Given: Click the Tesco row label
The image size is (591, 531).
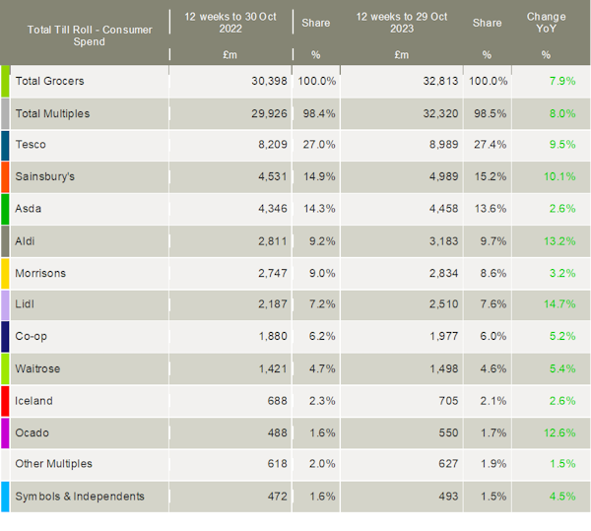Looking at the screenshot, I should tap(31, 146).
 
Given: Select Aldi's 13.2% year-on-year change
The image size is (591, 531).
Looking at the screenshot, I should tap(559, 241).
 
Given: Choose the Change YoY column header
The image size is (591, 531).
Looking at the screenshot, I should tap(546, 24).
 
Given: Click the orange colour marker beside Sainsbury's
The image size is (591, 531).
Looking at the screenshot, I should tap(6, 177).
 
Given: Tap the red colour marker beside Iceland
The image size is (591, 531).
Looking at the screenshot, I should tap(6, 401).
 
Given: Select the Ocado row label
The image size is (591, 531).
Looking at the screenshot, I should tap(33, 432).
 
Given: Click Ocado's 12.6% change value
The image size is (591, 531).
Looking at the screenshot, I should tap(559, 432).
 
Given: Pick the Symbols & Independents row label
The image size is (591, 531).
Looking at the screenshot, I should tap(80, 497).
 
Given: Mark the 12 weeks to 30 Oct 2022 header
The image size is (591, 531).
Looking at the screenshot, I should tap(230, 24).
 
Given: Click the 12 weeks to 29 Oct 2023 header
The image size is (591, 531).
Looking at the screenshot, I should tap(401, 24).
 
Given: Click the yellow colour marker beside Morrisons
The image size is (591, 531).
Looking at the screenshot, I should tap(6, 273).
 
